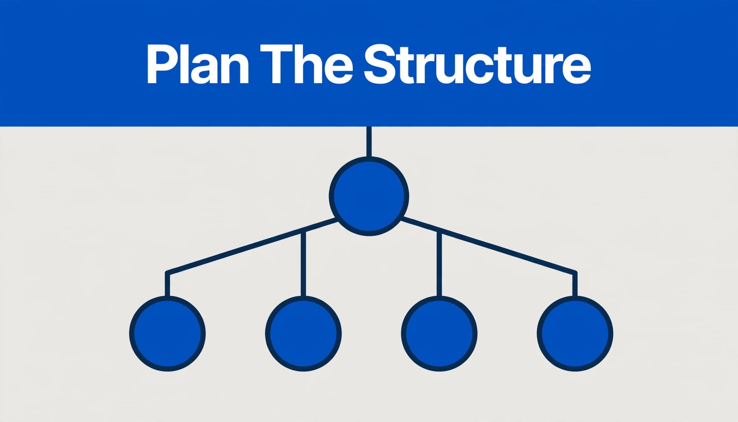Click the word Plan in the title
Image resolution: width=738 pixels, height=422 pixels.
(198, 64)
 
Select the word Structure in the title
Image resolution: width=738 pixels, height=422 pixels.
(477, 65)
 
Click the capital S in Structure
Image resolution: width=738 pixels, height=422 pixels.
(381, 65)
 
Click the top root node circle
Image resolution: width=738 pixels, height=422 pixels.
(369, 196)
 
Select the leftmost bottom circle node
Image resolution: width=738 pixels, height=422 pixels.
(167, 333)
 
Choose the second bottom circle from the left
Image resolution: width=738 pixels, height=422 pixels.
(303, 333)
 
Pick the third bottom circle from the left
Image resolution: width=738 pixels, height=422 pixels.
(439, 333)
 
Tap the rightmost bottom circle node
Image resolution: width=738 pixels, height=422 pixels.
(575, 333)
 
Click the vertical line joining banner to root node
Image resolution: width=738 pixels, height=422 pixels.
(369, 142)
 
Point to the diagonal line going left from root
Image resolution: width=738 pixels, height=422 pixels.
(251, 246)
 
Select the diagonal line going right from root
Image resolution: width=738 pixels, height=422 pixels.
(489, 246)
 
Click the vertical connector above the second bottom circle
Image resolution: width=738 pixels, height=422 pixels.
(303, 264)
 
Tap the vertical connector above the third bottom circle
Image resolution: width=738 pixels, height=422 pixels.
(439, 264)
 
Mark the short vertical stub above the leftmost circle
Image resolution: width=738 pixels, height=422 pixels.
(167, 284)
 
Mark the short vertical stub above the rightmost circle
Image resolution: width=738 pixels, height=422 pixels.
(575, 284)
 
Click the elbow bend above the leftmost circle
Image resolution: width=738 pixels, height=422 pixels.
(168, 273)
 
